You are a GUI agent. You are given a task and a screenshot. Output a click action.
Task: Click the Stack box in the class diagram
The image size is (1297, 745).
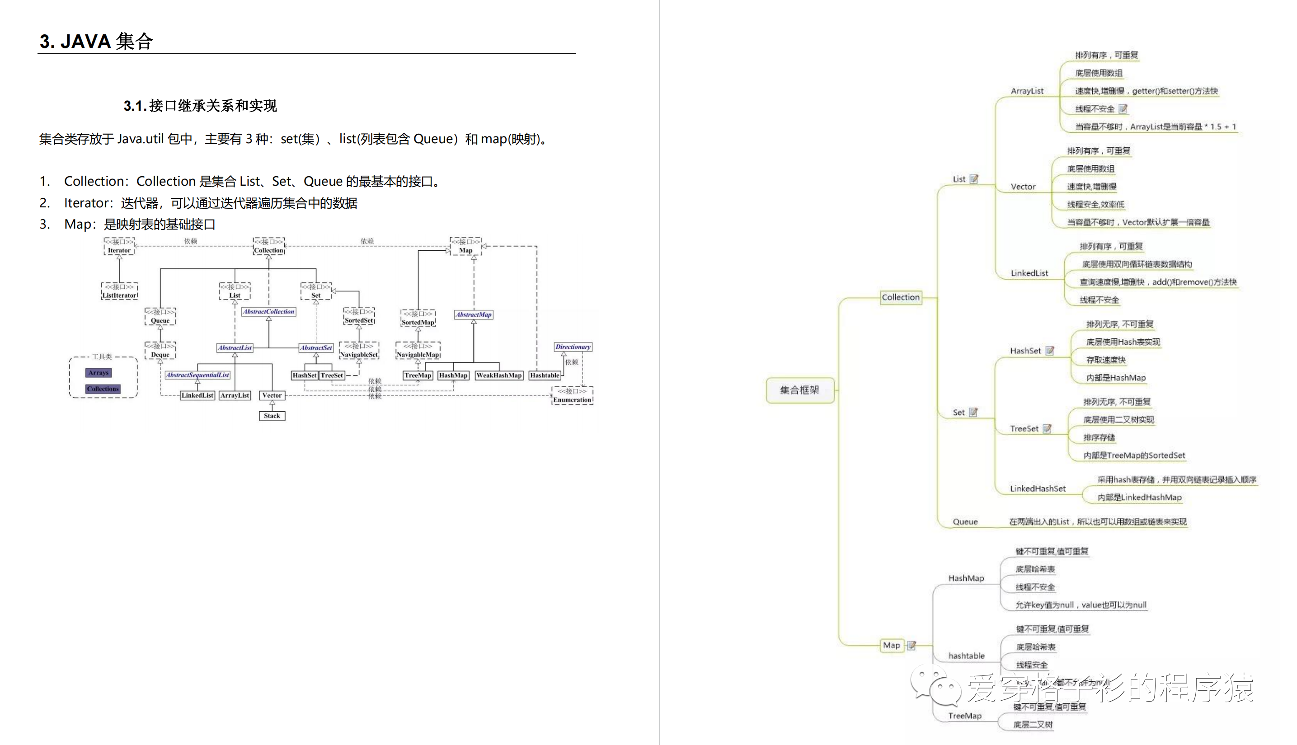pos(272,416)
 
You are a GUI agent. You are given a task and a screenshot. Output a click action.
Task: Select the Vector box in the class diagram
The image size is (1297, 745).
pos(272,395)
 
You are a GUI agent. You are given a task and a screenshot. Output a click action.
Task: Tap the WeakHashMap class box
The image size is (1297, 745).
pos(498,375)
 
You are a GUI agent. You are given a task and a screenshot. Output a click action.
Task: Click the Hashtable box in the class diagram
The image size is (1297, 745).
pos(545,375)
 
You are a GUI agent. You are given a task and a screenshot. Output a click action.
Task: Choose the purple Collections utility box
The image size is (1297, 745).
pos(103,389)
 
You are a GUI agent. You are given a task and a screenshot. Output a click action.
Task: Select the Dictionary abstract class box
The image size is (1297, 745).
pos(573,347)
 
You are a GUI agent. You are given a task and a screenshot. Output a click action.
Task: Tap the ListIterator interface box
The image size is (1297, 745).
pos(119,291)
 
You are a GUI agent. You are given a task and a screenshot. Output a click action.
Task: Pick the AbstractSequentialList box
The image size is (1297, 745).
pos(197,375)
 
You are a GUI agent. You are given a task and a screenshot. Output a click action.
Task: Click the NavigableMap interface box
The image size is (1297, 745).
pos(418,351)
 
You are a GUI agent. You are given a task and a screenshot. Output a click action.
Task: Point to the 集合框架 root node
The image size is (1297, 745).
pos(799,390)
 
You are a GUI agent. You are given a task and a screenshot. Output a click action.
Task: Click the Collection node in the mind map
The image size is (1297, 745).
pos(901,297)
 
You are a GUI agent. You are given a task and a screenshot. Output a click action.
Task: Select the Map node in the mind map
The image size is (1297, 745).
pos(891,645)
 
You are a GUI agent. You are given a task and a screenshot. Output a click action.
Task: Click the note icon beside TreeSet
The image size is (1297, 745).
pos(1047,429)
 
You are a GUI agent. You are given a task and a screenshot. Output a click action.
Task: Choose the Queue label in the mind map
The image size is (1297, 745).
pos(965,522)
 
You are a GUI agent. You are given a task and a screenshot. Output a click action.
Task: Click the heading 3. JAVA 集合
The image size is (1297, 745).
pos(97,42)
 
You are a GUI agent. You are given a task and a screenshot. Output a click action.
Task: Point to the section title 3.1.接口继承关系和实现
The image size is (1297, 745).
pos(200,106)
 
